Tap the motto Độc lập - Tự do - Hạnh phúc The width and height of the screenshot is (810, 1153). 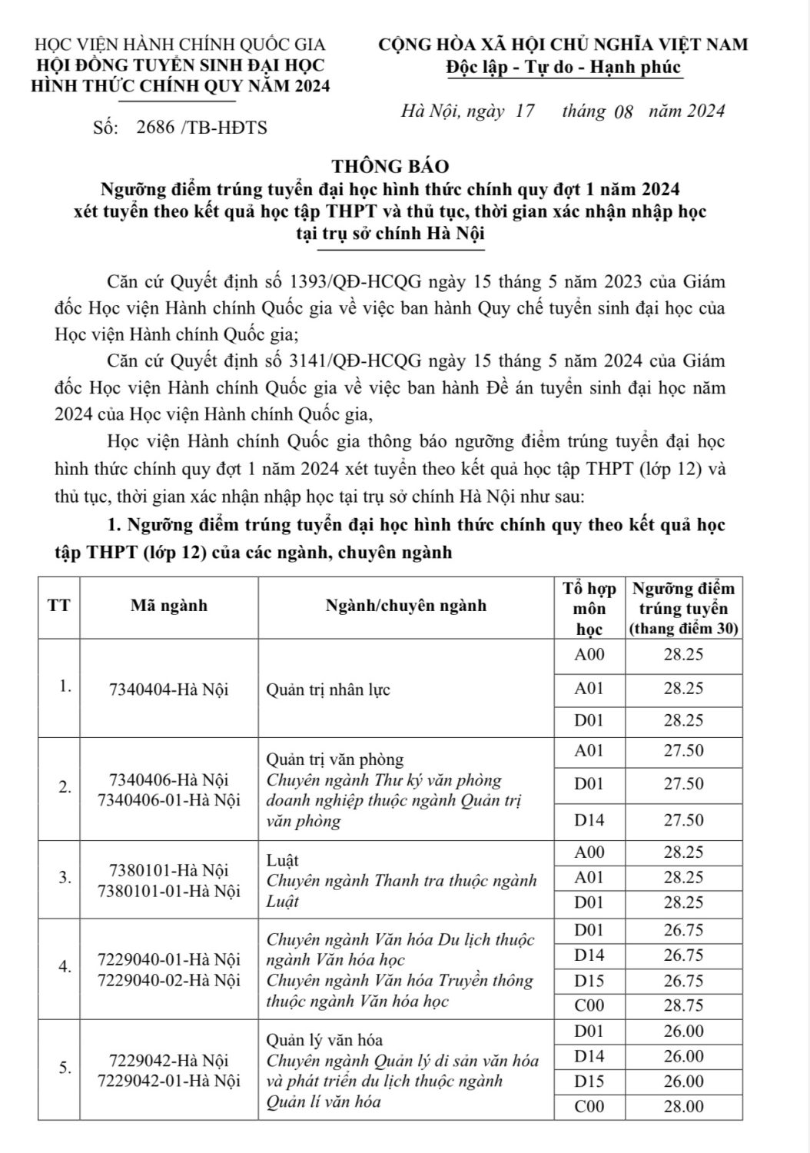[563, 68]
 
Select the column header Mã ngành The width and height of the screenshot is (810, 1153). [169, 606]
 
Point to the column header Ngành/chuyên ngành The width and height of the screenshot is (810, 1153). [406, 606]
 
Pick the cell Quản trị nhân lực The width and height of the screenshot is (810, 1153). [328, 689]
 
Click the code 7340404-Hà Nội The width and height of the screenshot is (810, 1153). [169, 689]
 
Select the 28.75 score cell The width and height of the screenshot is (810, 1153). [683, 1004]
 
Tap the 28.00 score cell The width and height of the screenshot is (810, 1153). [683, 1106]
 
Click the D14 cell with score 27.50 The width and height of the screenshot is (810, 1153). [589, 820]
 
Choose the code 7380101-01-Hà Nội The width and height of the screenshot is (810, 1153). [169, 891]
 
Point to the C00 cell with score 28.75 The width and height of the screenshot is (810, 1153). [589, 1004]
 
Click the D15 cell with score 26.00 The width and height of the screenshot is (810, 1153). [589, 1081]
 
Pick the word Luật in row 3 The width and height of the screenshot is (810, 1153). [282, 859]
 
